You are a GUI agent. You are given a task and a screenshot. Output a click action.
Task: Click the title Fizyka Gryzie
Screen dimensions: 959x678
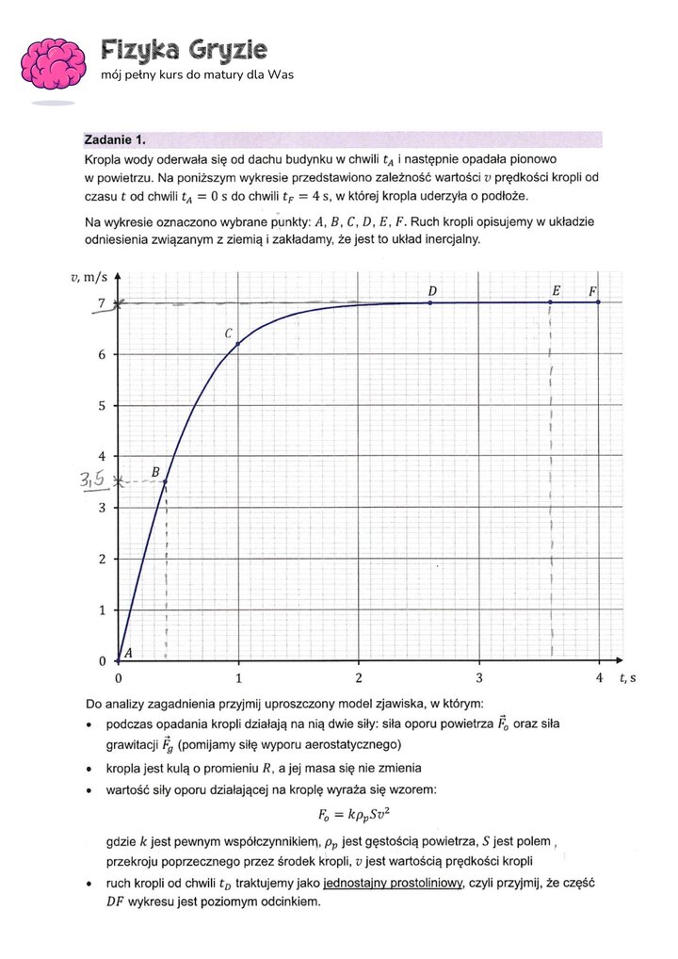coord(184,49)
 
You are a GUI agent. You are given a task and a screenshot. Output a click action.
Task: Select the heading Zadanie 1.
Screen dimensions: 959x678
coord(115,138)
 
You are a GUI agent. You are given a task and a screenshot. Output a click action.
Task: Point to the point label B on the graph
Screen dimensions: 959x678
coord(155,471)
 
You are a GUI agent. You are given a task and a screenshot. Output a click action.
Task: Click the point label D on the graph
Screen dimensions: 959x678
coord(431,290)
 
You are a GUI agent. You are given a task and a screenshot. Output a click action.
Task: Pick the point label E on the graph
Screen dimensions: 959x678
coord(557,291)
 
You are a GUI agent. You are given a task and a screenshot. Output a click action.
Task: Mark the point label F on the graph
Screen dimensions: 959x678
coord(593,291)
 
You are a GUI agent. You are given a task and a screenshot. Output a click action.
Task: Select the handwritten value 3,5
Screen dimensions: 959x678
coord(92,481)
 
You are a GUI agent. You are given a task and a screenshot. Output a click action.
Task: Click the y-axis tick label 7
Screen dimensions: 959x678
coord(102,303)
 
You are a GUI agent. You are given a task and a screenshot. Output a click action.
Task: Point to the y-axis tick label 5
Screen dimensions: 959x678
coord(102,406)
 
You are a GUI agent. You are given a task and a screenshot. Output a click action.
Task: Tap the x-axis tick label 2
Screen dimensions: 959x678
coord(359,678)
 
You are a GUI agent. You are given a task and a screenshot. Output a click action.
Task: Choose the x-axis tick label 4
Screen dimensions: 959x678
coord(599,678)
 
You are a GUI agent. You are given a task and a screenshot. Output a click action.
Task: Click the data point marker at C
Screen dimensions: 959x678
coord(238,344)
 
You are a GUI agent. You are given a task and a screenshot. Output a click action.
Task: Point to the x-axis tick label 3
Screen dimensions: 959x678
coord(478,678)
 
